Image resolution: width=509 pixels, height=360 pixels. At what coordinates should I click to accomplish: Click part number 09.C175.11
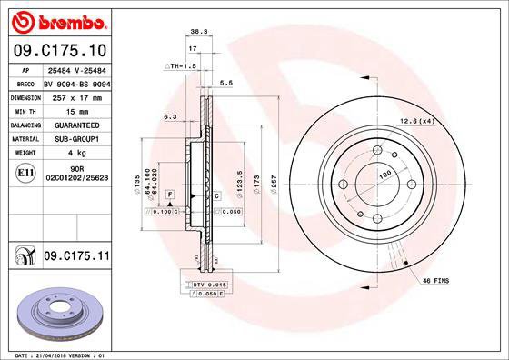(75, 257)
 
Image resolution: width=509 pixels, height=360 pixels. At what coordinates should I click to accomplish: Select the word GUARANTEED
(72, 124)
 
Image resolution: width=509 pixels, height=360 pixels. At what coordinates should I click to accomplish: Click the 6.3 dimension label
(169, 116)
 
